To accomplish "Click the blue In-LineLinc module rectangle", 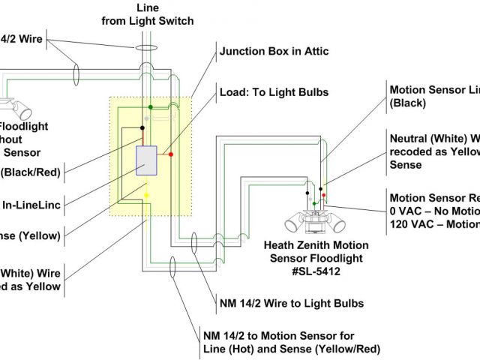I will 145,160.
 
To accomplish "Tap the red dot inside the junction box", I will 172,154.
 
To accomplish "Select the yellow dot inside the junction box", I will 146,195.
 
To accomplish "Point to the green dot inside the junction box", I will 150,107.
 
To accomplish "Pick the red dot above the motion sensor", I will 324,195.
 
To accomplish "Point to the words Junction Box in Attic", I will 274,52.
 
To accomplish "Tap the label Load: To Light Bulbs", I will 273,93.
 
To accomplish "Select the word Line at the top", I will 148,8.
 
